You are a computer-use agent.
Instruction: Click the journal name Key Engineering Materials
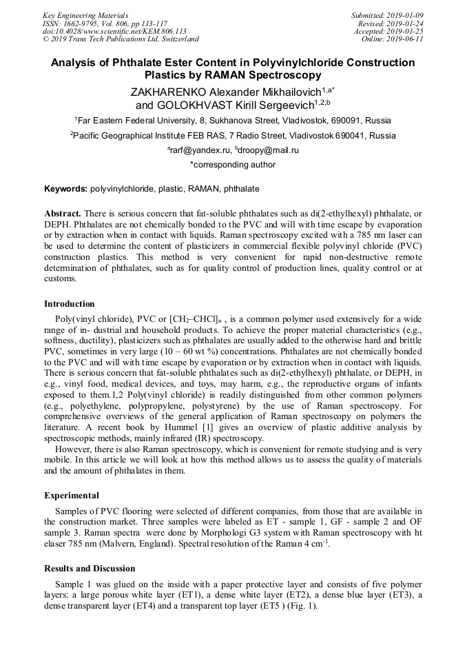pyautogui.click(x=85, y=14)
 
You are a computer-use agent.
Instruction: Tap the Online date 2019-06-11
pyautogui.click(x=405, y=39)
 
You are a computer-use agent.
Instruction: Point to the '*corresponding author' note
pyautogui.click(x=233, y=165)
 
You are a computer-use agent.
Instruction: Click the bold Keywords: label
pyautogui.click(x=65, y=188)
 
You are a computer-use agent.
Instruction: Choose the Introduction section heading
pyautogui.click(x=70, y=303)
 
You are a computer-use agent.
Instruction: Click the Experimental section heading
pyautogui.click(x=72, y=495)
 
